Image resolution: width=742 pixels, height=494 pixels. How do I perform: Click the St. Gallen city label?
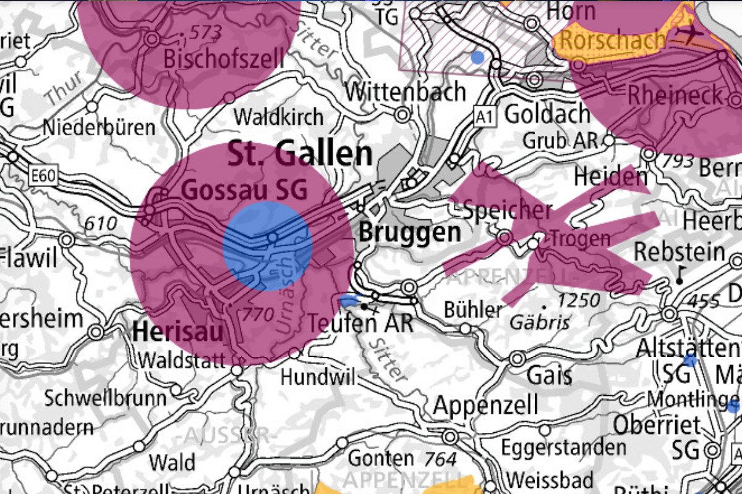point(300,154)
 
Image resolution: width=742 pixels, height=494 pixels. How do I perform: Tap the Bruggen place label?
point(410,232)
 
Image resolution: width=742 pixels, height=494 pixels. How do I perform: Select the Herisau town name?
point(177,332)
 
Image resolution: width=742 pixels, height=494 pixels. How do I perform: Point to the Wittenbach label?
point(405,92)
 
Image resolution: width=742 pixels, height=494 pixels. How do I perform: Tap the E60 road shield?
point(43,177)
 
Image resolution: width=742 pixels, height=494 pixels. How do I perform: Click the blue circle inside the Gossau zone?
point(267,246)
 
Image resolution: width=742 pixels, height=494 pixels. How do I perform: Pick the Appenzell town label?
point(485,406)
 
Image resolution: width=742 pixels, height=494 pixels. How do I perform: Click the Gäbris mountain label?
point(531,322)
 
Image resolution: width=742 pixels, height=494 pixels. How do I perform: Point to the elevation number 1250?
point(579,301)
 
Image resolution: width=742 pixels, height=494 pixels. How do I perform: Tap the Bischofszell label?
point(224,59)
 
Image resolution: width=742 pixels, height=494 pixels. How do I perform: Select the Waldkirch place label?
point(278,116)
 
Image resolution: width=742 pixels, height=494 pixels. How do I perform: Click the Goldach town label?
point(547,114)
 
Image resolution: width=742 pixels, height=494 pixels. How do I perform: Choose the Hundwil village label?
point(318,376)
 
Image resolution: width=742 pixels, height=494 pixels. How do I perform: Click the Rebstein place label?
point(680,252)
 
